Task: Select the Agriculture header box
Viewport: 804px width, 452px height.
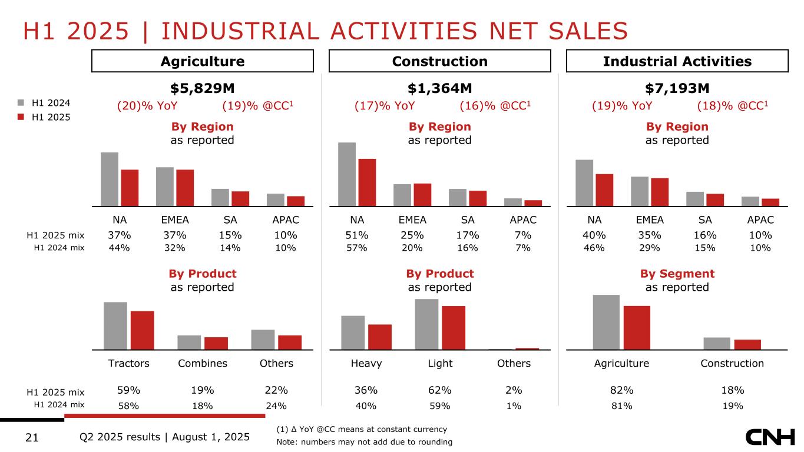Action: (203, 61)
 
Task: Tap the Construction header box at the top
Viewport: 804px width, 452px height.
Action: (439, 61)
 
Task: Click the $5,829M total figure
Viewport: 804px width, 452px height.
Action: (203, 88)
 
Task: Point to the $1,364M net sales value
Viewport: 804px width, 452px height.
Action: (439, 88)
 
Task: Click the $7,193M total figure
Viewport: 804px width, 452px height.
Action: (677, 88)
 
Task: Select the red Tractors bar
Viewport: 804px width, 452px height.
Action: (143, 330)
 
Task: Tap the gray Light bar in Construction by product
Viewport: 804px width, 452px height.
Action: (426, 324)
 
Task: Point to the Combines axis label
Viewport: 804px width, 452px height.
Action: (203, 363)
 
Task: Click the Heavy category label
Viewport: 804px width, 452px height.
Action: (366, 363)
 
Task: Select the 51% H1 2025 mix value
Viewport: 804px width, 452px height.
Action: (357, 235)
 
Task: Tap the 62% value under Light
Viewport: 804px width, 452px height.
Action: (439, 390)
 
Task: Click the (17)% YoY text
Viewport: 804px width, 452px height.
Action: (385, 106)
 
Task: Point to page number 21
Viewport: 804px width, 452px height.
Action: (33, 437)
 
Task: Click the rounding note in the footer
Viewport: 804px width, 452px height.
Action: (364, 442)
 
